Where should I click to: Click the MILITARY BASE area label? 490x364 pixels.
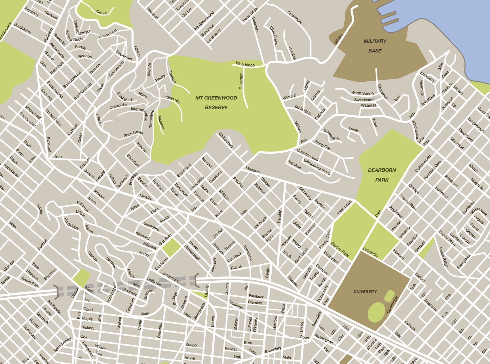tap(375, 46)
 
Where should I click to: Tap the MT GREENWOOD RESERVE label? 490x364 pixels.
tap(216, 103)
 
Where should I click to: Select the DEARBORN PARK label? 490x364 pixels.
tap(382, 175)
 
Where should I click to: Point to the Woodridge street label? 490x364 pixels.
tap(245, 65)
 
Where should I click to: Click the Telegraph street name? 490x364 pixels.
tap(241, 81)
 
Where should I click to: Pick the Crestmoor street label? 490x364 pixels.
tap(295, 18)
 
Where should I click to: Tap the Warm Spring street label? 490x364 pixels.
tap(362, 93)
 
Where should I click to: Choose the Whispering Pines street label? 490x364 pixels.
tap(317, 167)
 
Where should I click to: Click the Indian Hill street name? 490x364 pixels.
tap(172, 99)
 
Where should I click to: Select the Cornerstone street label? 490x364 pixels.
tap(170, 277)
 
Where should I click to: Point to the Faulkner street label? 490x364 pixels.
tap(256, 296)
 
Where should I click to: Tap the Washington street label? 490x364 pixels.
tap(323, 338)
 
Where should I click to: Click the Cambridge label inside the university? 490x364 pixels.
tap(392, 305)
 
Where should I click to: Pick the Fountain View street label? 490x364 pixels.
tap(432, 170)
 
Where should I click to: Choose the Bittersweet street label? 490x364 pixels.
tap(478, 211)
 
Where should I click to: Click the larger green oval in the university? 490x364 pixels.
tap(376, 312)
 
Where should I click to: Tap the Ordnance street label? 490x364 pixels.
tap(383, 92)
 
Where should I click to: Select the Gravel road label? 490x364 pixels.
tap(102, 12)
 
